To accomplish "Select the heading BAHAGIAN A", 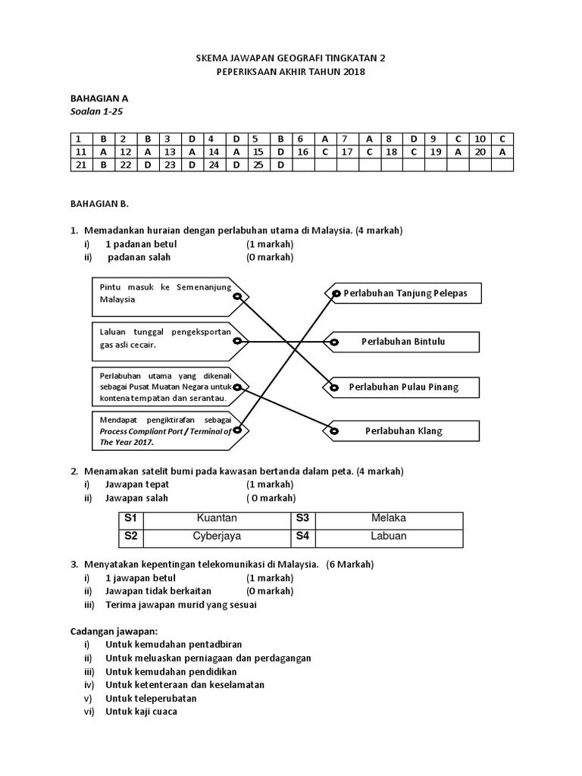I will (x=99, y=99).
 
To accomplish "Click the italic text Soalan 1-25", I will (x=96, y=111).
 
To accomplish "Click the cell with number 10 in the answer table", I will (x=479, y=139).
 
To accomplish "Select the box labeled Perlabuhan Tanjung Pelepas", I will (x=405, y=293).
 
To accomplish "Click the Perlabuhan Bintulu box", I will (x=403, y=342).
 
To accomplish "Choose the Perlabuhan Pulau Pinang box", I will (x=403, y=387).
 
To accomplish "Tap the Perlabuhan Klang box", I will (x=403, y=431).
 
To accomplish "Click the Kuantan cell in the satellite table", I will (x=217, y=518).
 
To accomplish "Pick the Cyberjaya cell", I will (x=217, y=537).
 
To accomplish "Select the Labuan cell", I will (x=389, y=537).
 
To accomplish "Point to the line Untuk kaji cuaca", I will (x=141, y=712).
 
